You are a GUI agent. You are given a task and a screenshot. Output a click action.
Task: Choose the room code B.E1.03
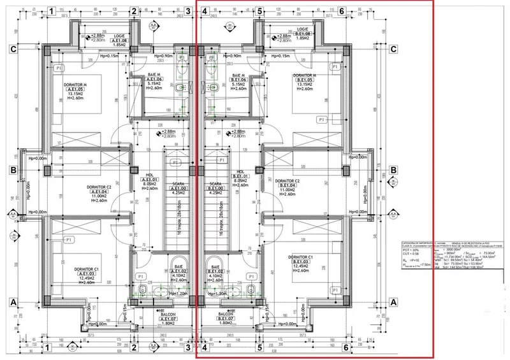tap(300, 261)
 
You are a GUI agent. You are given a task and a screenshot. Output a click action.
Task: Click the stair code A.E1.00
tap(179, 189)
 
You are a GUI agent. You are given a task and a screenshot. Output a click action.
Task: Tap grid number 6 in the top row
tap(342, 11)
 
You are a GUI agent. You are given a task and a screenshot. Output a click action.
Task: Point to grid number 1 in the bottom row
tap(50, 348)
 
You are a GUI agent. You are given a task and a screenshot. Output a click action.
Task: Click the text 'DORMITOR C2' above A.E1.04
tap(99, 187)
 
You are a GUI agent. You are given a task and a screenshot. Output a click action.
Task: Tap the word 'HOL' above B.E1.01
tap(241, 172)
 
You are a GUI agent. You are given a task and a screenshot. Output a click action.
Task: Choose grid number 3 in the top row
tap(188, 11)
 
